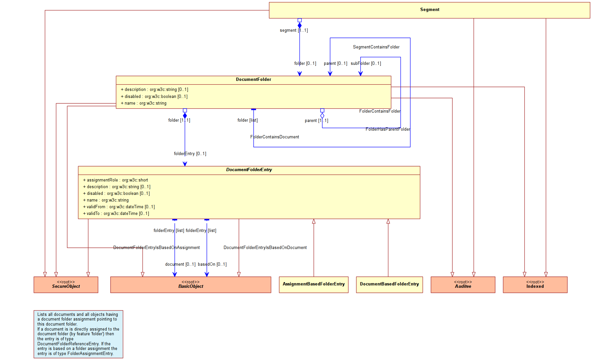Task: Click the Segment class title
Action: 430,10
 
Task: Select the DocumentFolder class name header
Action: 253,80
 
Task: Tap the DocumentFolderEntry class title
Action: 249,170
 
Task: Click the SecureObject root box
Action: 66,285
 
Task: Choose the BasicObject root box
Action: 191,285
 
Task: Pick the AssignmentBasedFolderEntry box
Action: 314,285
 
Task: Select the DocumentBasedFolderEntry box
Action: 389,285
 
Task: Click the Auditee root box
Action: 463,285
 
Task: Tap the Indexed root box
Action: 535,285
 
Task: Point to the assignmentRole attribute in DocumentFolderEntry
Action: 115,180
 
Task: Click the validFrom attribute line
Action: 119,207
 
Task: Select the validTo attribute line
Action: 116,214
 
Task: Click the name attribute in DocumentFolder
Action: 143,103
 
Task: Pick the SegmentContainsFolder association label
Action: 376,47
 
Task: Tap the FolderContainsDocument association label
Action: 274,137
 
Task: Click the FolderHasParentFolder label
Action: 388,129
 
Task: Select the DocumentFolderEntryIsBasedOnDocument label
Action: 265,248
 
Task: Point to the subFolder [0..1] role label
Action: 366,64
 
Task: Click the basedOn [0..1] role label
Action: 212,264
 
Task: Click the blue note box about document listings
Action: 78,334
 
